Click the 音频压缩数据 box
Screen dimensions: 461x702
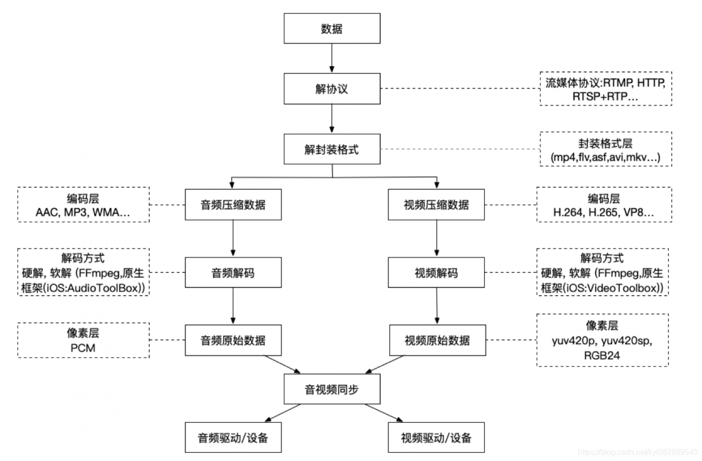[233, 205]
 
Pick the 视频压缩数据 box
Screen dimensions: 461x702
[436, 205]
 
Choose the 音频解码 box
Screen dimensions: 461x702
[233, 272]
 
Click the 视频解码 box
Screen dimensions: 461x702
[436, 272]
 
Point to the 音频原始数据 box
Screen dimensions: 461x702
[233, 340]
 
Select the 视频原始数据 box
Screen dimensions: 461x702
[437, 340]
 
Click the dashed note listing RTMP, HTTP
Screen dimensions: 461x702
[605, 89]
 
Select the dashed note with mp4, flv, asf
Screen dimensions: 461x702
[605, 149]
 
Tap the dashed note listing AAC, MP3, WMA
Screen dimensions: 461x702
[83, 205]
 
